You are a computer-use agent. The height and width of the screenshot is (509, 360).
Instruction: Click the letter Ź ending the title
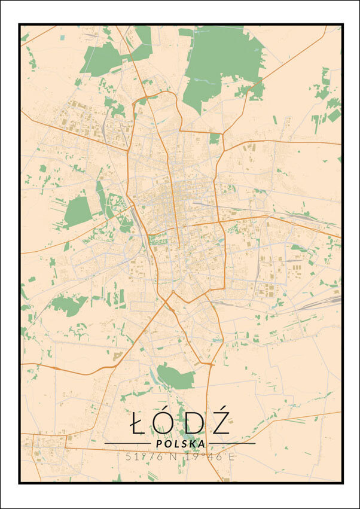pyautogui.click(x=220, y=423)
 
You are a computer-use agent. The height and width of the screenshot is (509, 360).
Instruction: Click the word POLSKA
pyautogui.click(x=180, y=444)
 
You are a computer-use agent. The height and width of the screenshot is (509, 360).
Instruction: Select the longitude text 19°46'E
pyautogui.click(x=210, y=456)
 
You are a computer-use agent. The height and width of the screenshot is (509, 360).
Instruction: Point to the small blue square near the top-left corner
pyautogui.click(x=63, y=38)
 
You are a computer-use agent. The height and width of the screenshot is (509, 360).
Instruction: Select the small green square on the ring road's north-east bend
pyautogui.click(x=215, y=139)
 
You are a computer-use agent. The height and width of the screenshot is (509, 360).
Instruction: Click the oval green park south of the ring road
pyautogui.click(x=175, y=377)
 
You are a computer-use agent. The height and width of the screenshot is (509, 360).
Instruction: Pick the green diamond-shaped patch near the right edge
pyautogui.click(x=334, y=115)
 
